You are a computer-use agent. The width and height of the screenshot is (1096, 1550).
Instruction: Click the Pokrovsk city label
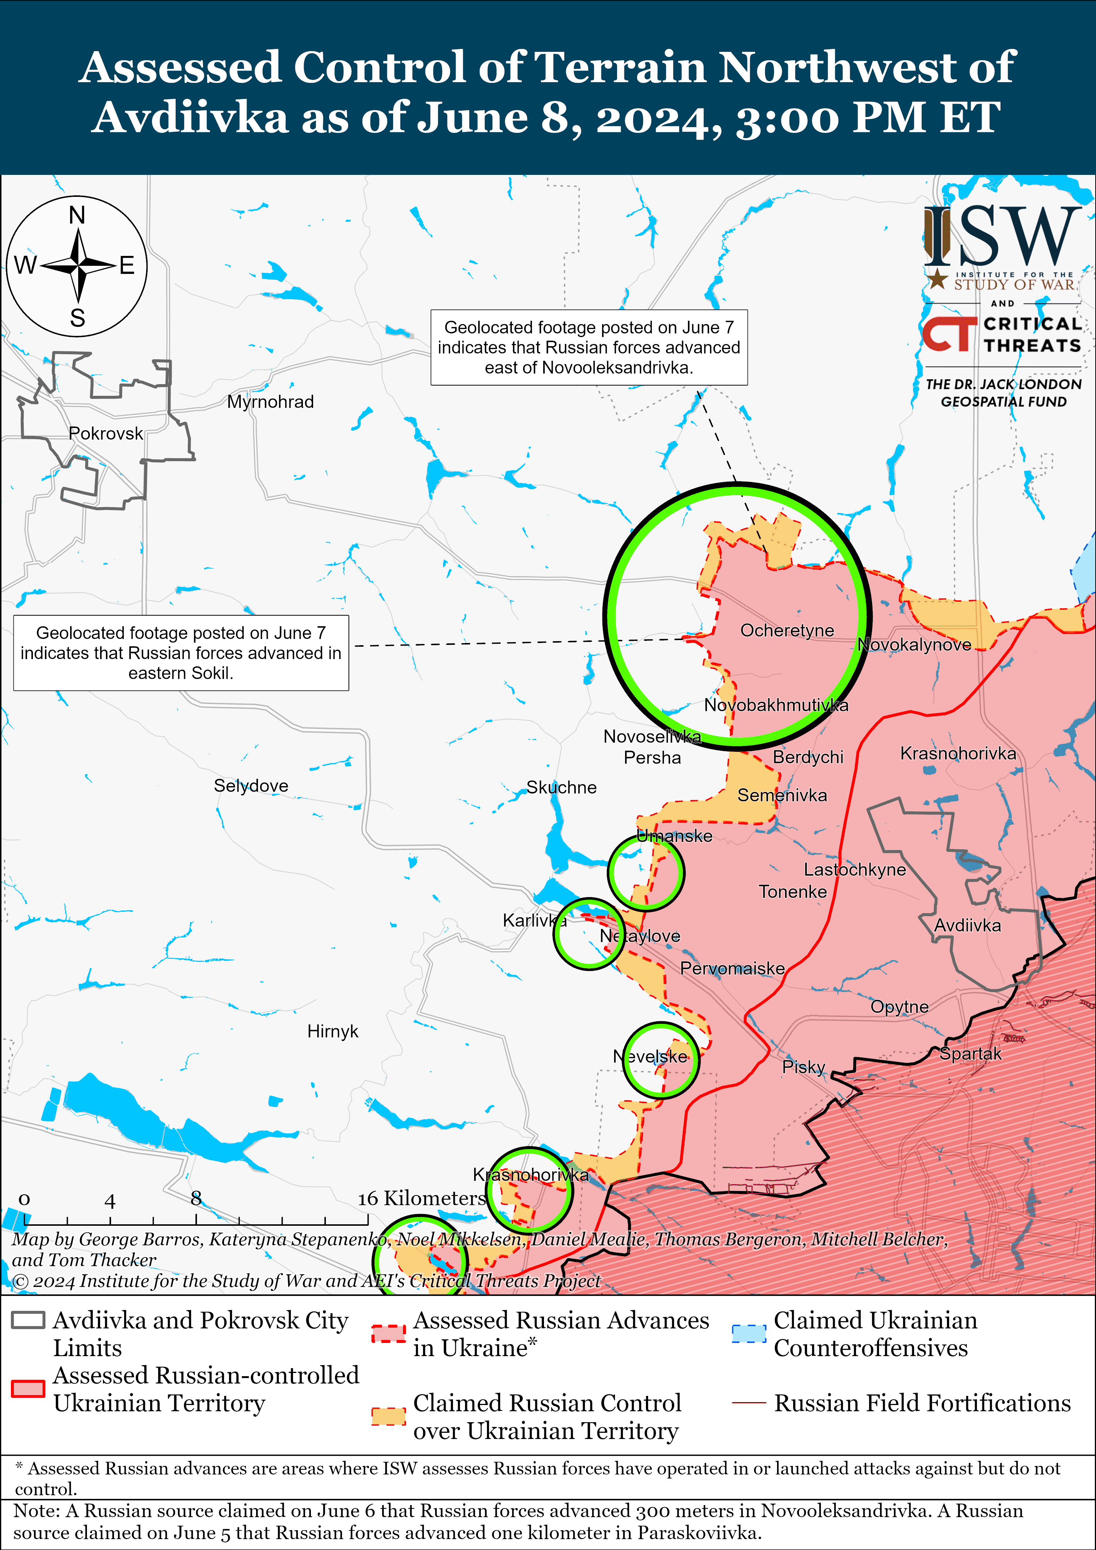point(106,433)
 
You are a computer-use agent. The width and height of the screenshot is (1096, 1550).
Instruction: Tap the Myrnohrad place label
point(270,402)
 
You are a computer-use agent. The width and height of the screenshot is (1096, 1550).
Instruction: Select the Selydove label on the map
point(251,786)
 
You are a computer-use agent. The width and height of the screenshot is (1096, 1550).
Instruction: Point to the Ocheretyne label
point(787,631)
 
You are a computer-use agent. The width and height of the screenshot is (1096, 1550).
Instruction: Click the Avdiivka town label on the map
point(967,926)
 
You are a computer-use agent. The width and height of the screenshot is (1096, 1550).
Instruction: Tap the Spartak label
point(970,1054)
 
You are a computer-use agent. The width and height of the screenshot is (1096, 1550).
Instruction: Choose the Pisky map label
point(804,1067)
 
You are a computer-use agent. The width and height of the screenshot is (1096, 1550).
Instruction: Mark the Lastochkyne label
point(854,869)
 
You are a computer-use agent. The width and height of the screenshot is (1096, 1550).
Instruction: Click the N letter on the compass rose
point(77,215)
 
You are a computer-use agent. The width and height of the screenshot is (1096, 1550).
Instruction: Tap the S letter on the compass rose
point(78,317)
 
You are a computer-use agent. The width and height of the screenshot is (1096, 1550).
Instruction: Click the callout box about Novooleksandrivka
point(589,348)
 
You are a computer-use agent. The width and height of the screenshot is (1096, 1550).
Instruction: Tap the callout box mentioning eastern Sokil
point(181,653)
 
